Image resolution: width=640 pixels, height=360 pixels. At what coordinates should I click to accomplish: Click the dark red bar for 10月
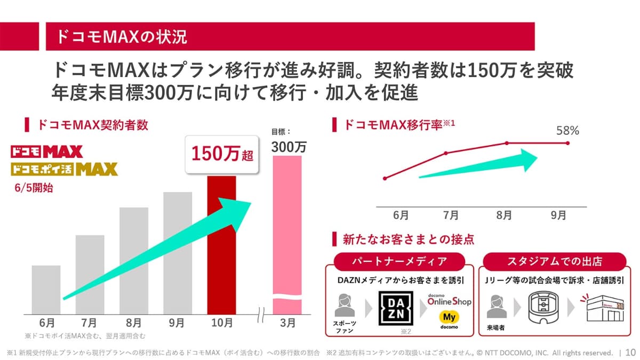point(221,245)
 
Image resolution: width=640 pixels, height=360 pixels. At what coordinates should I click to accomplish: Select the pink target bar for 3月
point(287,229)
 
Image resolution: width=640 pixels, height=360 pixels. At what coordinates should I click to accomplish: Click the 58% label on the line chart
point(567,130)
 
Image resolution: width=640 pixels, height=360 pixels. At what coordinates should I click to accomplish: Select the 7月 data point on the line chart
point(446,153)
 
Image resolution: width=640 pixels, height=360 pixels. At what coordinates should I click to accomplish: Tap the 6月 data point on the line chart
point(385,178)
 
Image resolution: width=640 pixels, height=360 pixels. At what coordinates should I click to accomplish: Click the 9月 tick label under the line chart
point(558,216)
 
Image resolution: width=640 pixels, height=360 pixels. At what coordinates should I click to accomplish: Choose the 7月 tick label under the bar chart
point(89,323)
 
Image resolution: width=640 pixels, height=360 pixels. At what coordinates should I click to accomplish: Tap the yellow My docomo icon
point(449,318)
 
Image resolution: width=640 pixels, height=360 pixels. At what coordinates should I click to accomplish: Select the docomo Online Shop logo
point(449,300)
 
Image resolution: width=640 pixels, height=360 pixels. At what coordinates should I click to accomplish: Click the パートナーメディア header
point(399,261)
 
